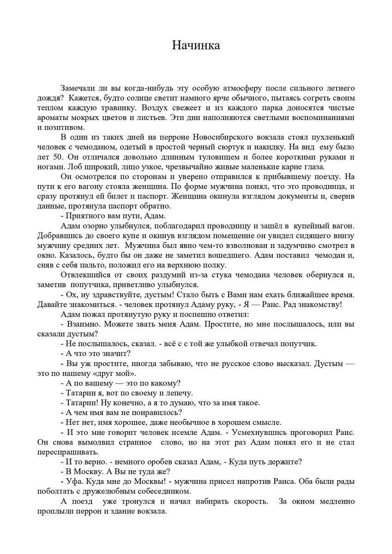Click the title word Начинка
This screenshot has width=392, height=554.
(x=196, y=45)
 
